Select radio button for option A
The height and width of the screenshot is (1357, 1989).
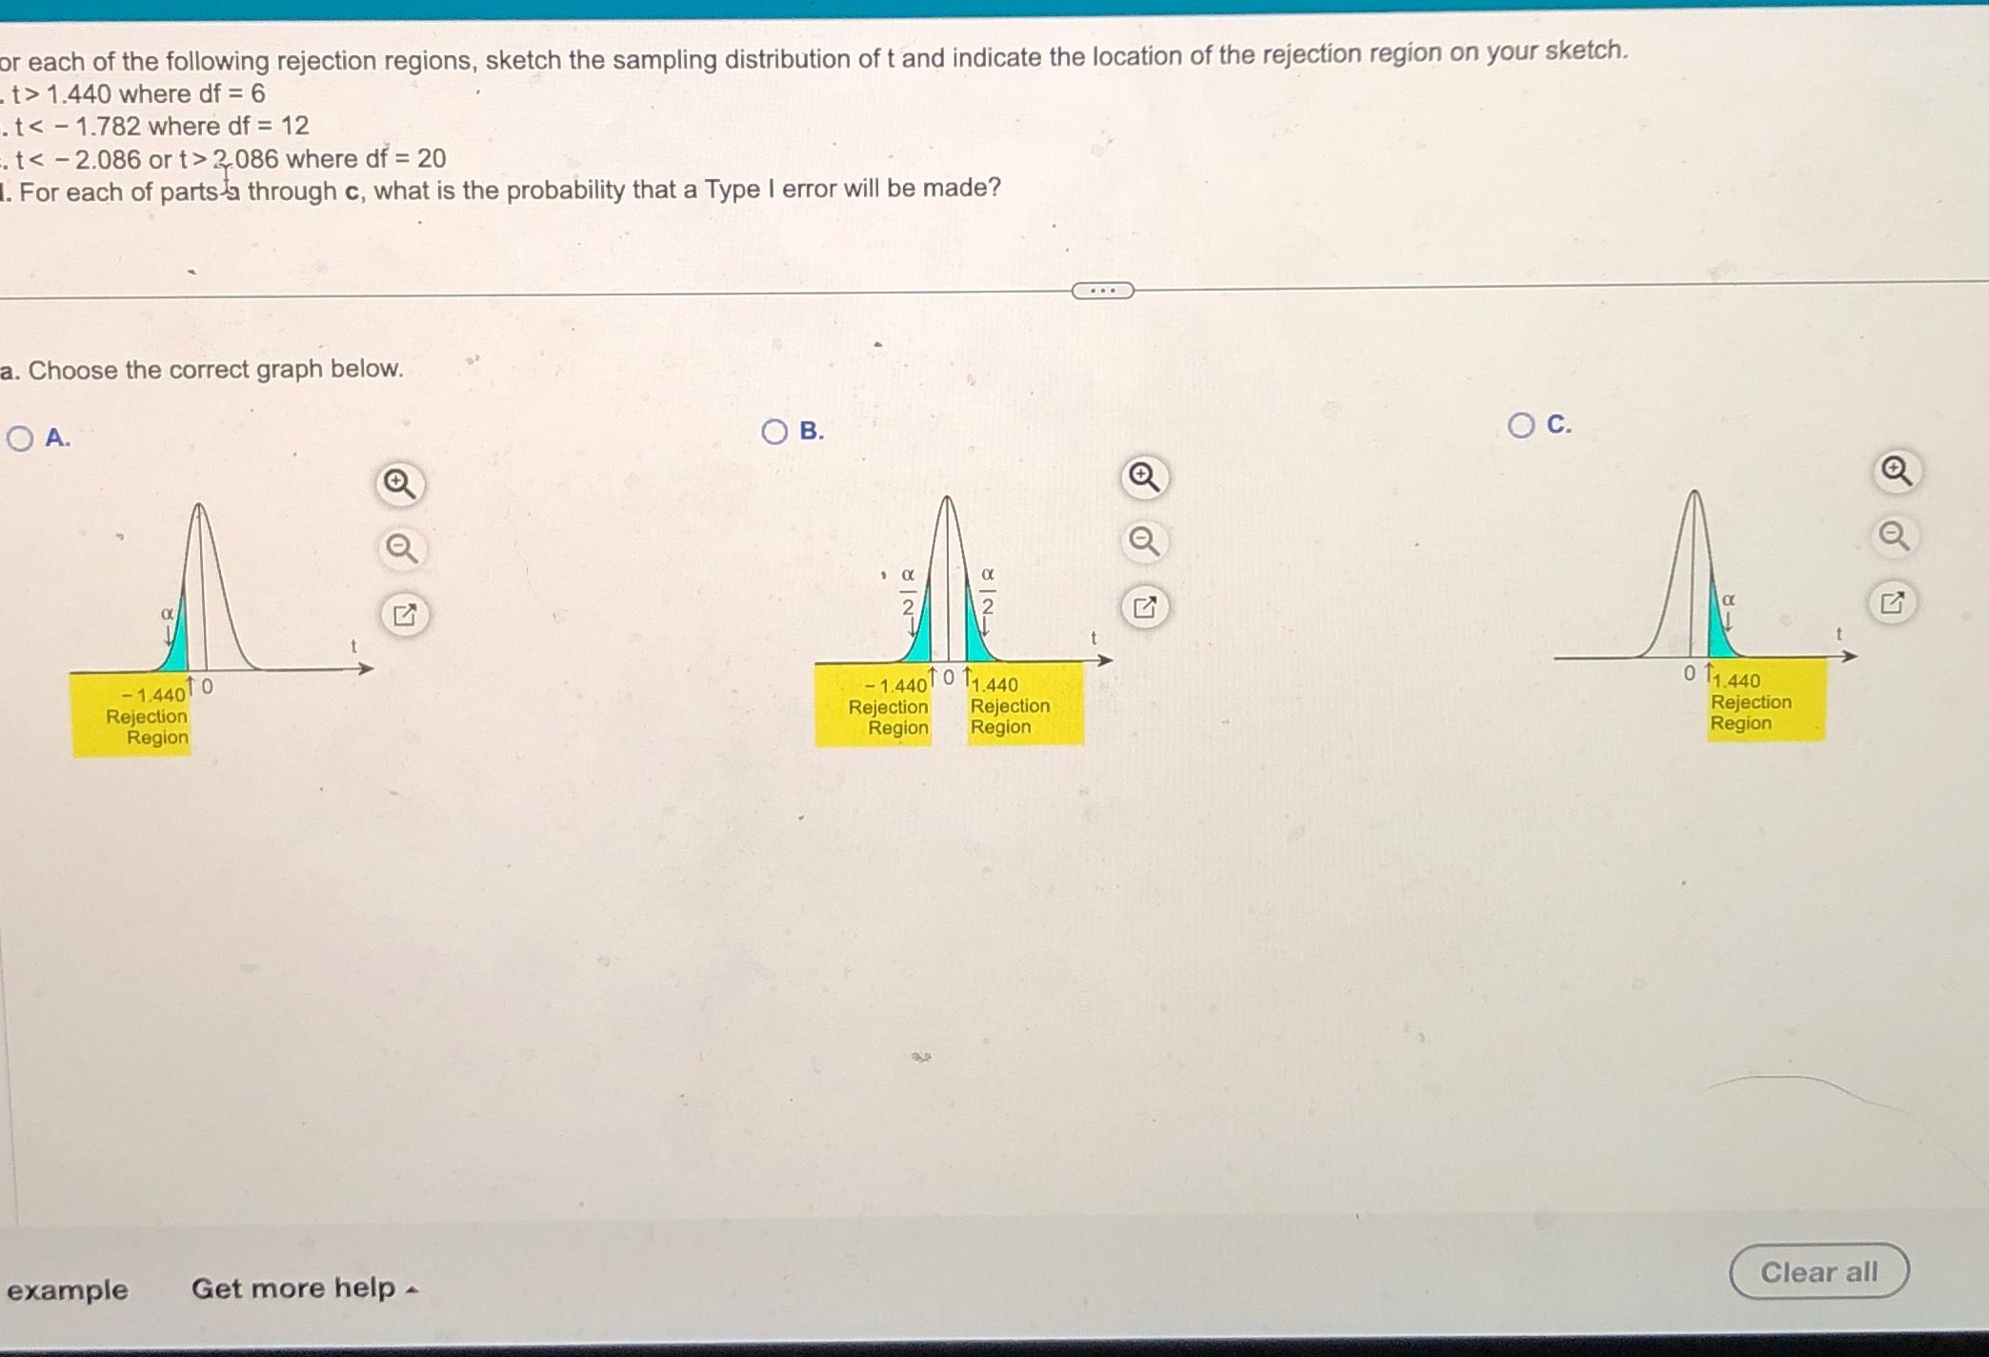click(20, 438)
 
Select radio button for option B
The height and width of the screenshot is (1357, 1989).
click(774, 432)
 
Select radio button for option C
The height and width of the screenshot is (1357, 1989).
click(1521, 425)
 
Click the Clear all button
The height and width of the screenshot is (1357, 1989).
click(1818, 1272)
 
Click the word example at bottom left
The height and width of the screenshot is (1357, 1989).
click(68, 1290)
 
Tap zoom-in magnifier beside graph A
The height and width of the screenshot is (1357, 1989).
click(399, 485)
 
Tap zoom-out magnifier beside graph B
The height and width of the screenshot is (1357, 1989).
click(1143, 541)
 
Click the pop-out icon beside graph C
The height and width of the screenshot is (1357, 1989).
click(1892, 603)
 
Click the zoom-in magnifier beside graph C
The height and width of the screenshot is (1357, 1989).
click(1896, 471)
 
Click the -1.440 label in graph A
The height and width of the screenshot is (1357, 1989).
click(153, 695)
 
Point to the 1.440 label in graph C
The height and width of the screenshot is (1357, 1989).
click(1737, 680)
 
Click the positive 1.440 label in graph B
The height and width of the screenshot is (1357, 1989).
click(995, 684)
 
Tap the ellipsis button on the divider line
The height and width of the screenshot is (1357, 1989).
click(1102, 291)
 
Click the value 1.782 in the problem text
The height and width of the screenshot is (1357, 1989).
click(108, 126)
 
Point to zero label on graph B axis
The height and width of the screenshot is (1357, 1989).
click(948, 677)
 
